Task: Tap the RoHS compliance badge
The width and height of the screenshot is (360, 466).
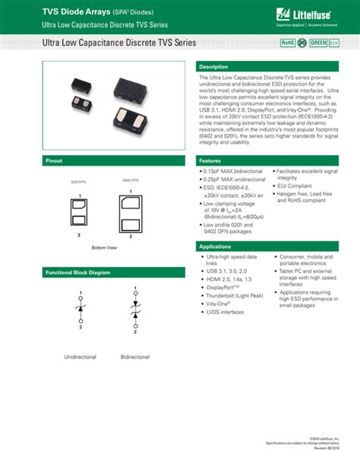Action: tap(288, 43)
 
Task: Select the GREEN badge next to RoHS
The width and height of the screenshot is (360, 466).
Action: tap(318, 43)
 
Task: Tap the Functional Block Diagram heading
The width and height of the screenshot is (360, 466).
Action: tap(77, 271)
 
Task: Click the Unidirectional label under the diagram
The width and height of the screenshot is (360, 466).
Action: tap(81, 356)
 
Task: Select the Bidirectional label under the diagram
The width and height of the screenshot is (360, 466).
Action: tap(134, 356)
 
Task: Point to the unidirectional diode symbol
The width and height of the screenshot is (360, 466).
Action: tap(81, 307)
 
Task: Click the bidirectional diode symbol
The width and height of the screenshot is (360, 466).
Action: tap(134, 308)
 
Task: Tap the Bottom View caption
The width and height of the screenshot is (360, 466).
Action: tap(104, 248)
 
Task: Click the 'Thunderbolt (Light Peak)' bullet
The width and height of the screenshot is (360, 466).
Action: tap(234, 296)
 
